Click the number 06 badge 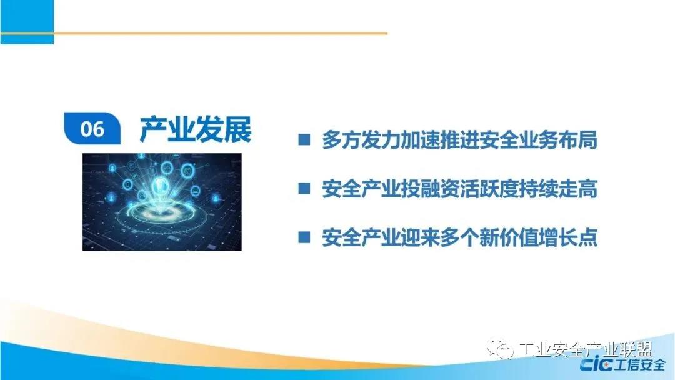click(x=92, y=128)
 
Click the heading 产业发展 click(x=196, y=129)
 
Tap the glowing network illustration click(x=162, y=202)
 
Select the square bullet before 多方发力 click(x=304, y=140)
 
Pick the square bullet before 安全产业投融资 click(x=304, y=189)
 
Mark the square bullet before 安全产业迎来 click(x=304, y=237)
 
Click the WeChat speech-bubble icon click(x=500, y=349)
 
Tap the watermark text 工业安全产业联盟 click(x=586, y=349)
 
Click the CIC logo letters click(x=596, y=365)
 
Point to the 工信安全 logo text click(x=640, y=365)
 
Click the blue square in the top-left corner click(x=27, y=22)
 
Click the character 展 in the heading click(x=237, y=129)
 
